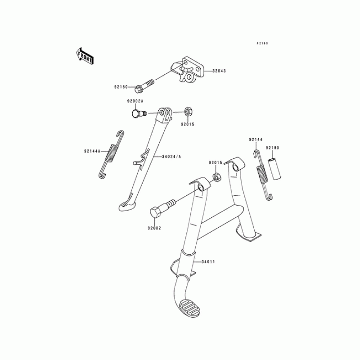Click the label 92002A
135,101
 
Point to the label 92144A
91,151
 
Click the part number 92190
272,147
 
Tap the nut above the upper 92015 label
188,111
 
